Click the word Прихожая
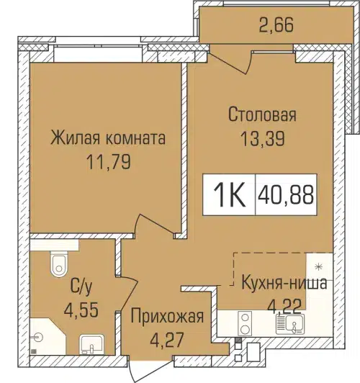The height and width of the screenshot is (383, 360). [167, 315]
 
